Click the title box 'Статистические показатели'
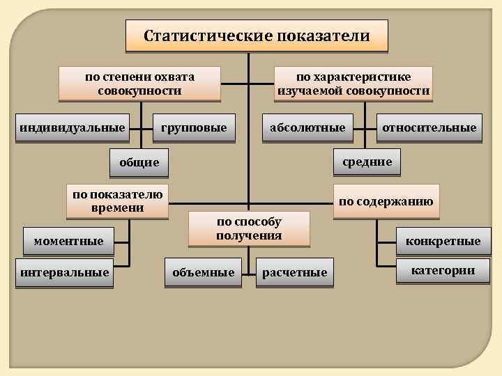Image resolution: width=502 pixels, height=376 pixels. point(257,36)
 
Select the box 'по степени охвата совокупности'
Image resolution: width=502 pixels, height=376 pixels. point(139,84)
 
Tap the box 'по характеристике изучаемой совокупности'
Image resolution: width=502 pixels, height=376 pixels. point(353,84)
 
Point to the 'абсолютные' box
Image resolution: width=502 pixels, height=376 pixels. point(307,127)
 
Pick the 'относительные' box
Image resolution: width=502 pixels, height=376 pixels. point(429,127)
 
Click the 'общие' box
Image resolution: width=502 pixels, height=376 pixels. point(139,162)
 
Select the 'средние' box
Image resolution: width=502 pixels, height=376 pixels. point(367,162)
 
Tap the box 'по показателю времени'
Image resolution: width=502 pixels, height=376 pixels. point(117,201)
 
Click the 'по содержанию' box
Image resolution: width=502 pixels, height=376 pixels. point(386,202)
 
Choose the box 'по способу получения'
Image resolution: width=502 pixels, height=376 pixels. point(249,228)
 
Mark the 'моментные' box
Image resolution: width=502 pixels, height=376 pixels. point(68,241)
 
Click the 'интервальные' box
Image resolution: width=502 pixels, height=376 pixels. point(65,272)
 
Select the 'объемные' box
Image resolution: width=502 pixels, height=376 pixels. point(204,272)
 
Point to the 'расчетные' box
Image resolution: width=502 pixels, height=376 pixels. point(294,272)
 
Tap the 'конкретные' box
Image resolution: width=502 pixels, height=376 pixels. point(439,241)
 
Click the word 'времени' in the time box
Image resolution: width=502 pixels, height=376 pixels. point(117,208)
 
